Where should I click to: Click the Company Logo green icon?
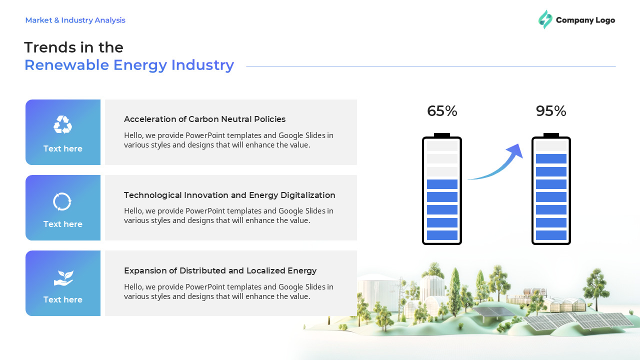[x=545, y=19]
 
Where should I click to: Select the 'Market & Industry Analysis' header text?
[x=75, y=20]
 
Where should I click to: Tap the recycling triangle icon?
[x=62, y=124]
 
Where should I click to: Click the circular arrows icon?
[x=62, y=201]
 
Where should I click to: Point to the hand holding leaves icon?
[x=63, y=278]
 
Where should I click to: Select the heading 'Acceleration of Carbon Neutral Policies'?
[x=204, y=119]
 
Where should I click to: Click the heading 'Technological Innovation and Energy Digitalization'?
[x=229, y=195]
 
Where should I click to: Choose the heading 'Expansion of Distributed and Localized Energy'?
[x=220, y=270]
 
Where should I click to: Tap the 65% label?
[x=442, y=111]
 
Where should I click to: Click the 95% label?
[x=550, y=111]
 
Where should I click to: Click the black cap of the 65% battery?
[x=442, y=135]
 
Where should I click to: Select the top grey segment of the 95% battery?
[x=551, y=146]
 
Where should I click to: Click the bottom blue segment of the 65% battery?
[x=442, y=235]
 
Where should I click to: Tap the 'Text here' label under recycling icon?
[x=62, y=148]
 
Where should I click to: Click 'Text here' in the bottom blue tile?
[x=62, y=299]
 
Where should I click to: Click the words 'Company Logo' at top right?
[x=585, y=20]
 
